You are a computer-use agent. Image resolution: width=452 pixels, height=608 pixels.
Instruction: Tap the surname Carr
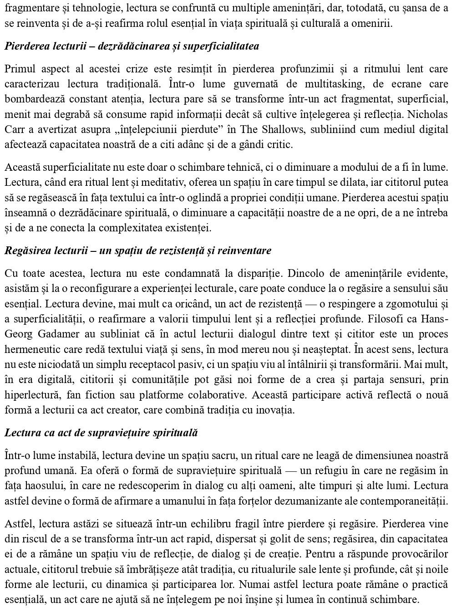click(14, 129)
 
